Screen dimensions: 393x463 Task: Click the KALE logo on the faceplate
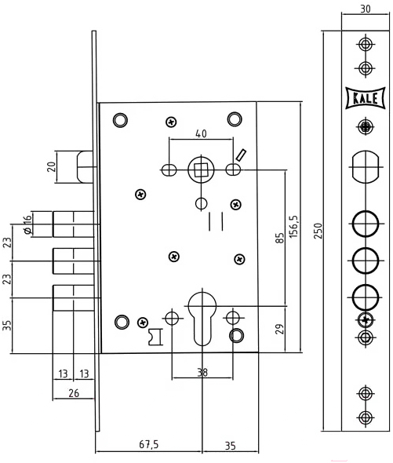pos(366,98)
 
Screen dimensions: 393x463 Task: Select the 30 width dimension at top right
pos(366,9)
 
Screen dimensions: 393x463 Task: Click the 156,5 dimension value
pos(294,227)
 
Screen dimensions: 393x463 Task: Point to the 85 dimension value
pos(279,238)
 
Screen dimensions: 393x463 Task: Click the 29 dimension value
pos(279,329)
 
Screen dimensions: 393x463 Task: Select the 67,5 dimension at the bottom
pos(149,444)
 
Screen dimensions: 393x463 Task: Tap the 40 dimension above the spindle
pos(201,133)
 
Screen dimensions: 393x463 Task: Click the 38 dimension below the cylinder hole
pos(202,372)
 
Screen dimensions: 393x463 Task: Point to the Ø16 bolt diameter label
pos(27,224)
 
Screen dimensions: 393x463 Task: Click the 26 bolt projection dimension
pos(74,393)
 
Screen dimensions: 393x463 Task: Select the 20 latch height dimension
pos(52,167)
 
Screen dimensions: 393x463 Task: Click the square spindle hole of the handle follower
pos(201,170)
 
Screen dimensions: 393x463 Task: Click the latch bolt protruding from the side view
pos(85,167)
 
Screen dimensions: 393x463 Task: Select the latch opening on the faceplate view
pos(366,167)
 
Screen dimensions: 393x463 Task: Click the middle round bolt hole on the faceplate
pos(366,261)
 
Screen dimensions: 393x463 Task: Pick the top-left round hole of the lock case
pos(121,121)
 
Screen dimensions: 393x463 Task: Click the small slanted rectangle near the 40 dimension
pos(241,155)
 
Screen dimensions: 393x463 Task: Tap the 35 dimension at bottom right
pos(231,446)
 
